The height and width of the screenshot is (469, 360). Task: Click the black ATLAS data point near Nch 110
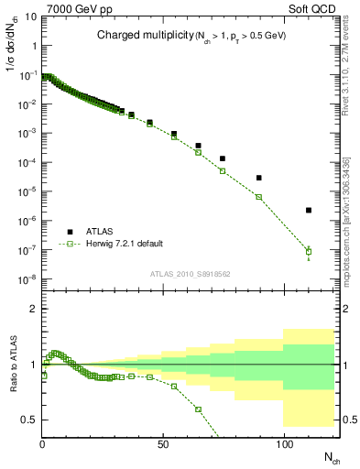coord(309,210)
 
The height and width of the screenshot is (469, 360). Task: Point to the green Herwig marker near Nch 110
coord(309,251)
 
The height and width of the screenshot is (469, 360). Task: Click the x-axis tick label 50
coord(163,444)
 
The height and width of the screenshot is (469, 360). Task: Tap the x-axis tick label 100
coord(284,444)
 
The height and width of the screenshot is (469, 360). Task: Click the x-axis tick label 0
coord(43,444)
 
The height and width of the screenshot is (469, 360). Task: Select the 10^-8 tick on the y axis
coord(29,278)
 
